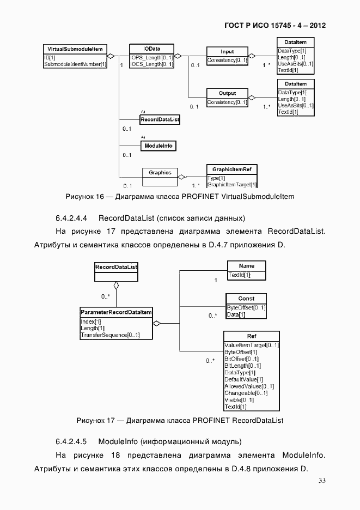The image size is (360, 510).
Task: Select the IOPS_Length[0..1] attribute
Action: (x=151, y=57)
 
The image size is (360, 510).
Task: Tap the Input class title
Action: (x=227, y=52)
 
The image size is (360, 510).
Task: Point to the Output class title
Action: (x=227, y=94)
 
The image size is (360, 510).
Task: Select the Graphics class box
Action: (x=160, y=173)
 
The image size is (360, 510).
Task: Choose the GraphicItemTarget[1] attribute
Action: (x=231, y=185)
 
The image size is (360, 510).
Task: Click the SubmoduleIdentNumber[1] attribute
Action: (x=75, y=64)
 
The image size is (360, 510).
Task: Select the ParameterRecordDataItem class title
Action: (x=115, y=312)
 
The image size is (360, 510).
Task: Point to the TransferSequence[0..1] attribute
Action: (x=110, y=335)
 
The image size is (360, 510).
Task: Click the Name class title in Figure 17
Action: (x=246, y=266)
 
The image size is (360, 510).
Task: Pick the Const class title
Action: (x=246, y=299)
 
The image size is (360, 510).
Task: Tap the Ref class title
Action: (x=251, y=336)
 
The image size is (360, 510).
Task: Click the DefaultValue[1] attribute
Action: (x=243, y=379)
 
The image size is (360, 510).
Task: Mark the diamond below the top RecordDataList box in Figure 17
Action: (x=116, y=286)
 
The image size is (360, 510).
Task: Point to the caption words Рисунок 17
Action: (x=95, y=421)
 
